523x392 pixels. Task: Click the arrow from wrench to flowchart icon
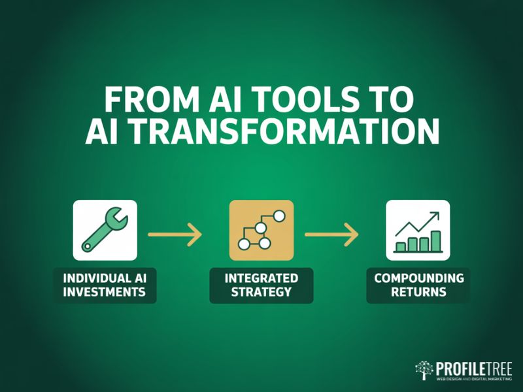click(x=175, y=233)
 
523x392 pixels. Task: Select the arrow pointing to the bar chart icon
click(x=332, y=233)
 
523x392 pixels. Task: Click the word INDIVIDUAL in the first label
click(x=105, y=278)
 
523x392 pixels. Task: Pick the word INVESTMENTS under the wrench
click(x=105, y=292)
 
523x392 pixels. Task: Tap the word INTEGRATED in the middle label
click(x=261, y=278)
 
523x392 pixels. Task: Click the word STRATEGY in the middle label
click(x=261, y=292)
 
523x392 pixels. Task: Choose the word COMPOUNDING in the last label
click(x=418, y=278)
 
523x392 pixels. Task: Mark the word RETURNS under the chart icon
click(x=418, y=292)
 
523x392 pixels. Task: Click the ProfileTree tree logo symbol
click(x=425, y=370)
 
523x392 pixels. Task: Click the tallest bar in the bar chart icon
click(x=436, y=240)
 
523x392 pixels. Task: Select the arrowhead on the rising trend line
click(x=435, y=216)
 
